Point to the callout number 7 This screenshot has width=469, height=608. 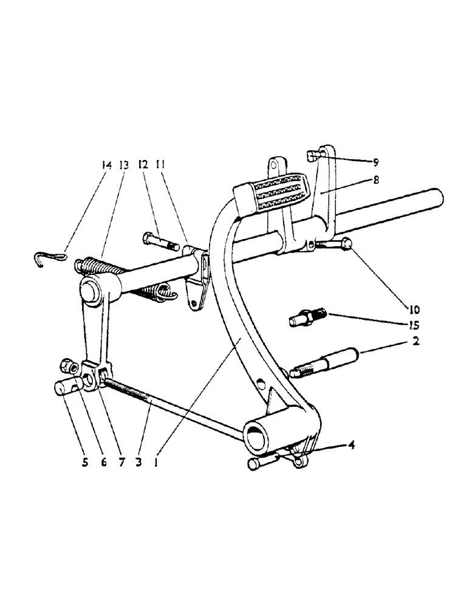click(x=121, y=462)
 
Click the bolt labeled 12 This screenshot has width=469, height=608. click(x=160, y=242)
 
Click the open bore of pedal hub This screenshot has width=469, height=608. click(x=256, y=435)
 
